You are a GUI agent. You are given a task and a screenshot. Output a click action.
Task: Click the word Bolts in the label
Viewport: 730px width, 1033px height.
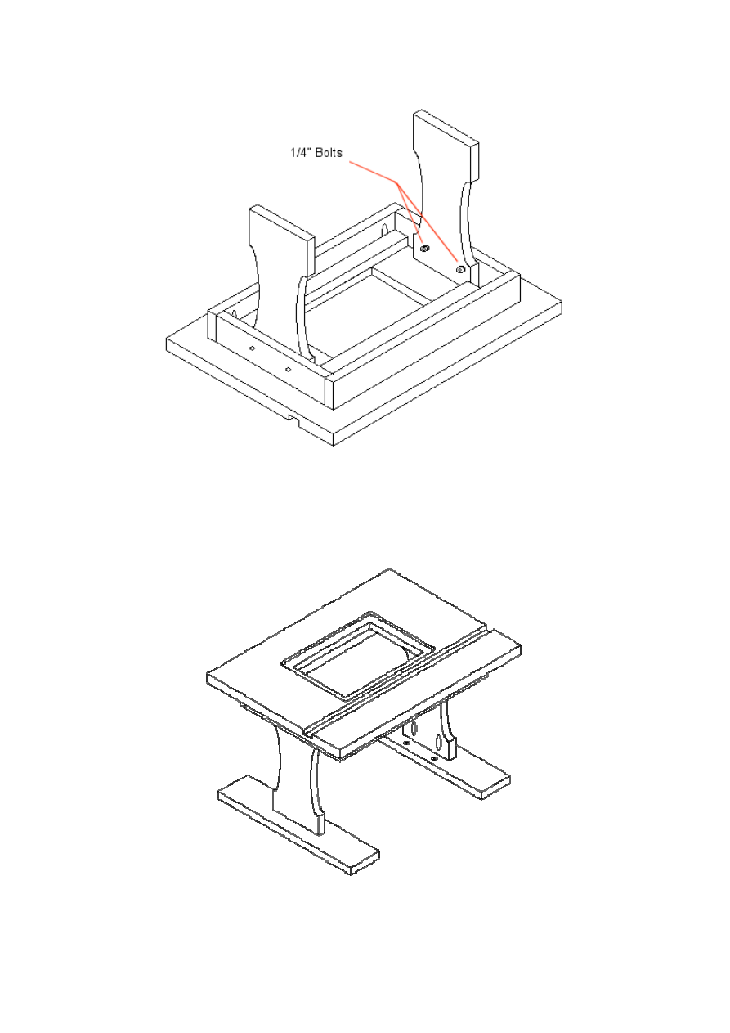pyautogui.click(x=329, y=153)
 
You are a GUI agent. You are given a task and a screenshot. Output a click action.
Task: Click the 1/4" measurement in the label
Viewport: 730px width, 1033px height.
pyautogui.click(x=301, y=153)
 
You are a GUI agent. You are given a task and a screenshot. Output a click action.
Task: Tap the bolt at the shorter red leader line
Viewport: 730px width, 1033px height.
pyautogui.click(x=425, y=249)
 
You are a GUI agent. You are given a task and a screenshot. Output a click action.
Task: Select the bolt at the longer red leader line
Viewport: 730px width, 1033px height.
pyautogui.click(x=459, y=269)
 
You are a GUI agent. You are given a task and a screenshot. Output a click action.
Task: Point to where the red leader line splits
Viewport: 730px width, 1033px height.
pyautogui.click(x=396, y=182)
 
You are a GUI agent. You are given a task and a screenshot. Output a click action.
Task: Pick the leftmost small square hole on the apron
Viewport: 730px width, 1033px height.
pyautogui.click(x=252, y=348)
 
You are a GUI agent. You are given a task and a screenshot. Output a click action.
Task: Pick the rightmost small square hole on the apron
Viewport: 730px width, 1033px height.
pyautogui.click(x=288, y=369)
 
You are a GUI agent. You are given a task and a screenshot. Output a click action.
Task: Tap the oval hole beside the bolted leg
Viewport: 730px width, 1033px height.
pyautogui.click(x=397, y=230)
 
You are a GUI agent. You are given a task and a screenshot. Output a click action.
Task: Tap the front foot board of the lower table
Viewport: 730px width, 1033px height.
pyautogui.click(x=298, y=824)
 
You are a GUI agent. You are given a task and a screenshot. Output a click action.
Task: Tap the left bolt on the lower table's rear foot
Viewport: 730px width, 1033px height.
pyautogui.click(x=406, y=743)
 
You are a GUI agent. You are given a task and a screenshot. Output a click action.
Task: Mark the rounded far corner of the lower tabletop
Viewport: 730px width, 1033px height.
pyautogui.click(x=388, y=570)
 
